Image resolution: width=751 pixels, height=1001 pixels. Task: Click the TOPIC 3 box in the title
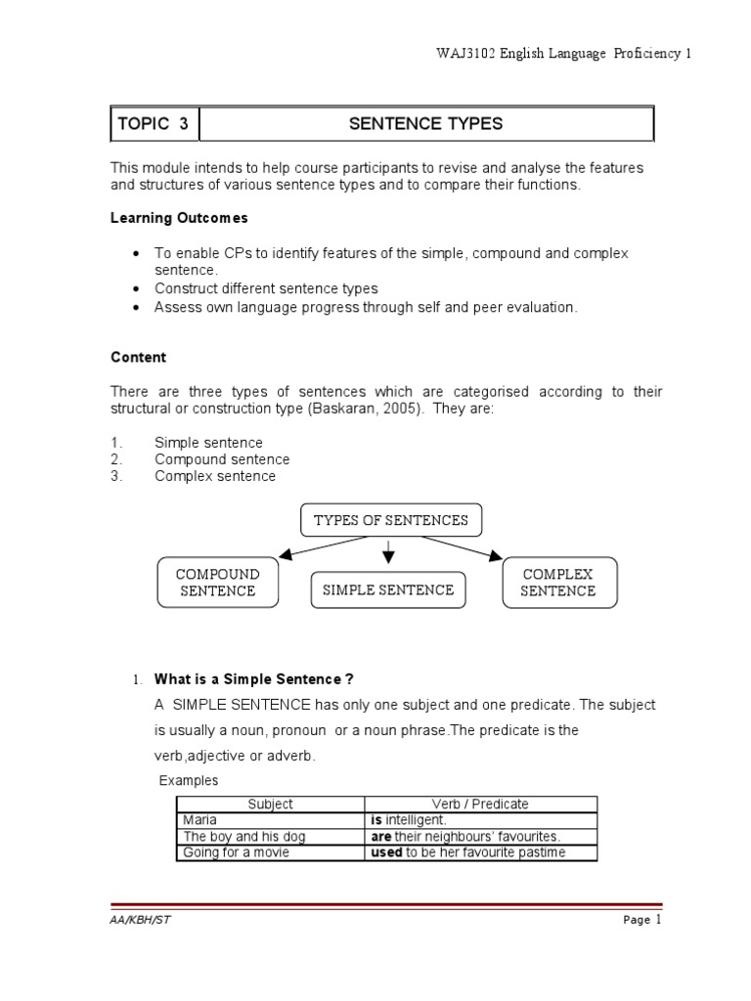tap(153, 124)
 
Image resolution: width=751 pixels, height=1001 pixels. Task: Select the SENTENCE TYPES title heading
tap(425, 124)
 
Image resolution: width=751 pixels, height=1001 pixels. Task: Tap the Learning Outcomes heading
tap(179, 217)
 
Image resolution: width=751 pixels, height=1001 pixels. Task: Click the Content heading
tap(138, 358)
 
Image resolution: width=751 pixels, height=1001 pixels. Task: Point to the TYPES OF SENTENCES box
tap(390, 520)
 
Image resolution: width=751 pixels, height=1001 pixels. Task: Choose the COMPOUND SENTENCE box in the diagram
tap(216, 583)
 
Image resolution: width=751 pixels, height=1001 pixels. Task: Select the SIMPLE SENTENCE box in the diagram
tap(388, 589)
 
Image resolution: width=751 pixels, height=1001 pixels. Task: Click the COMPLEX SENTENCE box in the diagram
tap(558, 583)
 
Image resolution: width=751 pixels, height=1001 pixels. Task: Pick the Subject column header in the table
tap(270, 804)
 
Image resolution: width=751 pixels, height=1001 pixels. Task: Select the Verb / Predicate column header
tap(480, 804)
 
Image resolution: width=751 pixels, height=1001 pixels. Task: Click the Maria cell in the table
tap(199, 820)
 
